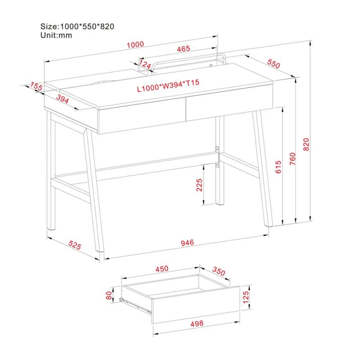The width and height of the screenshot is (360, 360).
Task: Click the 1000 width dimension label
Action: [135, 44]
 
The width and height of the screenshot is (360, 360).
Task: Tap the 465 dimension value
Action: [184, 49]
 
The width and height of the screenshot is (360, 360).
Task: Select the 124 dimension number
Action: [145, 64]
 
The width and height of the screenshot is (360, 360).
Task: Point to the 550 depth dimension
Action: [274, 64]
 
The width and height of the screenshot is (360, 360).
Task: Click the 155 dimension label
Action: [36, 86]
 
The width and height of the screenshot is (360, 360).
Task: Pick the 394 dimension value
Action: [63, 99]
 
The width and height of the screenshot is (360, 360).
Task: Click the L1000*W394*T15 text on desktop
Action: [168, 85]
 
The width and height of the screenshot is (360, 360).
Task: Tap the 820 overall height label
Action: [306, 144]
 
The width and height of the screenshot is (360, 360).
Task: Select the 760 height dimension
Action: [292, 159]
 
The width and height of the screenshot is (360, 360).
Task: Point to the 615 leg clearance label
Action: [278, 167]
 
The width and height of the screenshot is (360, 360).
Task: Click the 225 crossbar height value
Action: [199, 185]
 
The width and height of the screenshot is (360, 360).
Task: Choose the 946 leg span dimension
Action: [187, 243]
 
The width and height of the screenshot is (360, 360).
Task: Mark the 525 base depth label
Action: [75, 245]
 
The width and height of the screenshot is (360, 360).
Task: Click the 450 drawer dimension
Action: [162, 269]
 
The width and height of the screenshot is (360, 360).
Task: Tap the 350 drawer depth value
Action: [219, 271]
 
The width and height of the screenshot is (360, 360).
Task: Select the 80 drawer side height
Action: [109, 295]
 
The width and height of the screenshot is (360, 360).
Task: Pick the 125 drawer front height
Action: [246, 297]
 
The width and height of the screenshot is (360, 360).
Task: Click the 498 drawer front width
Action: [197, 323]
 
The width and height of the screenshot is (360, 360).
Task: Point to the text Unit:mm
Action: [56, 36]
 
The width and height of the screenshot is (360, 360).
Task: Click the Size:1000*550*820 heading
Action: [77, 26]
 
